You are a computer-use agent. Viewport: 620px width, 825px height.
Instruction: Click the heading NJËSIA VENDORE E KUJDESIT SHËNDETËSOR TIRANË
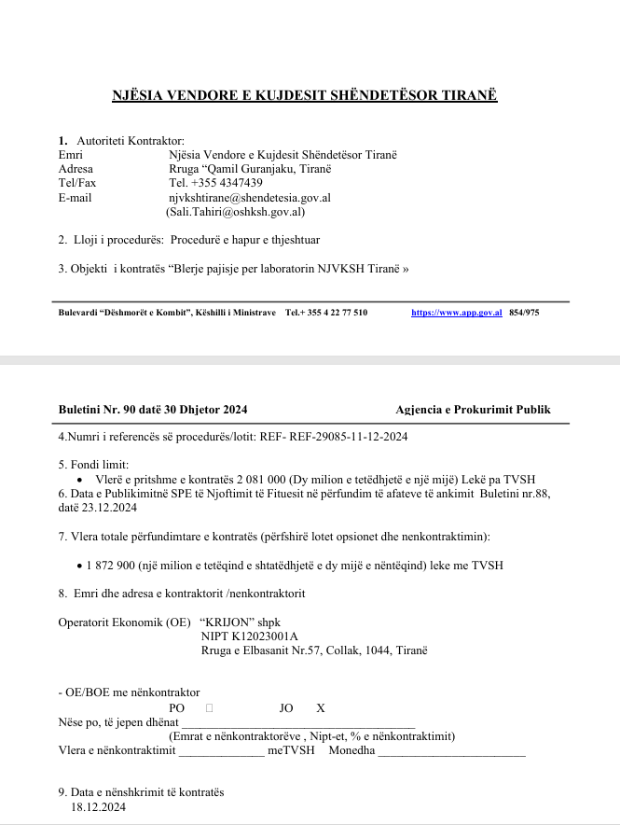305,96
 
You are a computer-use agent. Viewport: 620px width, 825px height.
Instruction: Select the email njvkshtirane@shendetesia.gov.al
249,198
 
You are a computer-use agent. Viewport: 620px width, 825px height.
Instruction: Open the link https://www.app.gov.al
457,313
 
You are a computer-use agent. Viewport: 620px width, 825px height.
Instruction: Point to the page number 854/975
524,313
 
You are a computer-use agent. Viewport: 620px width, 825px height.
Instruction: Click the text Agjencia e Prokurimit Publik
473,409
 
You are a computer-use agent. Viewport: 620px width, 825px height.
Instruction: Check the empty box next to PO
209,708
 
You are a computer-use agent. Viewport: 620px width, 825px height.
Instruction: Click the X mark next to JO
321,708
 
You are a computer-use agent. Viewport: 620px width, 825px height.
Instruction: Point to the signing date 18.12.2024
98,807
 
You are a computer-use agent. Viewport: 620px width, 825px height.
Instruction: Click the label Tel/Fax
76,183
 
